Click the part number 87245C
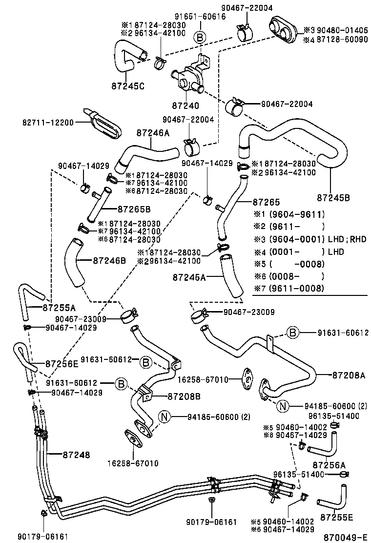pyautogui.click(x=128, y=87)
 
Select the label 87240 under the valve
pyautogui.click(x=185, y=105)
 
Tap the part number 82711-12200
pyautogui.click(x=47, y=122)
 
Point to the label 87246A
pyautogui.click(x=152, y=132)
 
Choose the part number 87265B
pyautogui.click(x=134, y=209)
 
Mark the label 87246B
pyautogui.click(x=110, y=260)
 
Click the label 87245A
pyautogui.click(x=188, y=277)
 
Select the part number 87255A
pyautogui.click(x=59, y=308)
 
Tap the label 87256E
pyautogui.click(x=62, y=363)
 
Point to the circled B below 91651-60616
pyautogui.click(x=199, y=37)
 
